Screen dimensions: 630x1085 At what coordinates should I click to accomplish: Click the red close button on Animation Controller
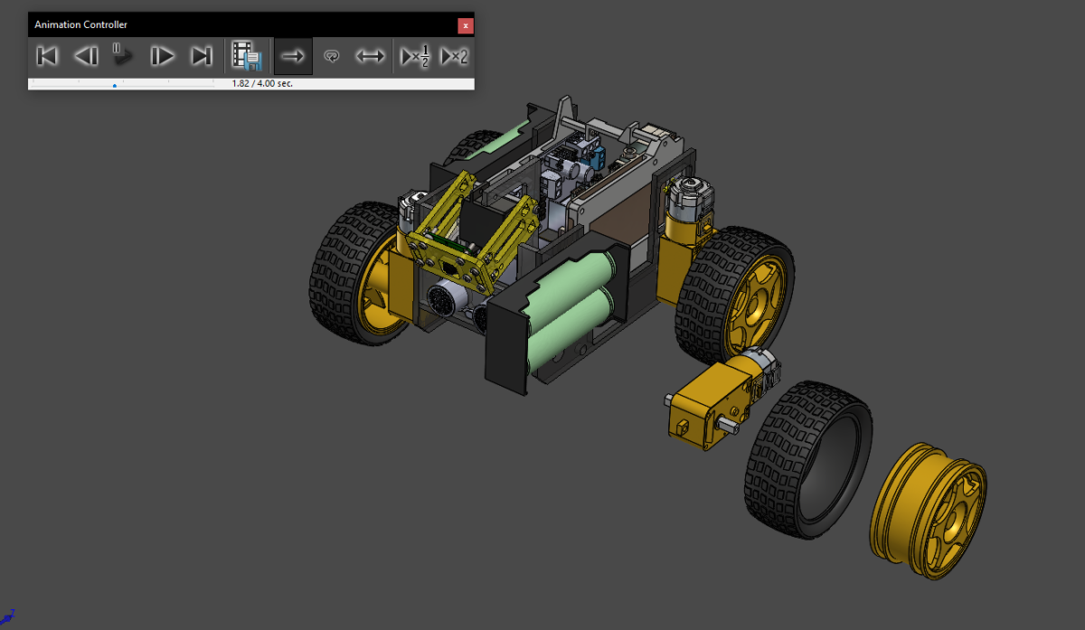[x=466, y=25]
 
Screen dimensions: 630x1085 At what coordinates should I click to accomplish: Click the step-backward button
[x=86, y=56]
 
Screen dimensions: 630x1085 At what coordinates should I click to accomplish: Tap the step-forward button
[x=162, y=56]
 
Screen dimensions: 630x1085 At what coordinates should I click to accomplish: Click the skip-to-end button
[x=201, y=56]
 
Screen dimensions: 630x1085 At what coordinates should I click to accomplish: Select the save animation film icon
[x=246, y=56]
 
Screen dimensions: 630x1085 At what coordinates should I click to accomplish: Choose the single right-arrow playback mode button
[x=293, y=56]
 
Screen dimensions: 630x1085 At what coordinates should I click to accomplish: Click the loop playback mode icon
[x=332, y=56]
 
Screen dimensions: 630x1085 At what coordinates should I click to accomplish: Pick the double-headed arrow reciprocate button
[x=370, y=56]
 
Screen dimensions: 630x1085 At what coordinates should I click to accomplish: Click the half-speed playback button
[x=414, y=56]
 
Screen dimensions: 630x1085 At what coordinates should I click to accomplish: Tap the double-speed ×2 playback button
[x=454, y=56]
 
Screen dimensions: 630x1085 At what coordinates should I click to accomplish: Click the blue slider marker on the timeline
[x=115, y=85]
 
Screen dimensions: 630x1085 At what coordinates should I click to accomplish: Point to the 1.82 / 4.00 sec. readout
[x=262, y=83]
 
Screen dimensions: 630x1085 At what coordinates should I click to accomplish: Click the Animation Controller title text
[x=81, y=25]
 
